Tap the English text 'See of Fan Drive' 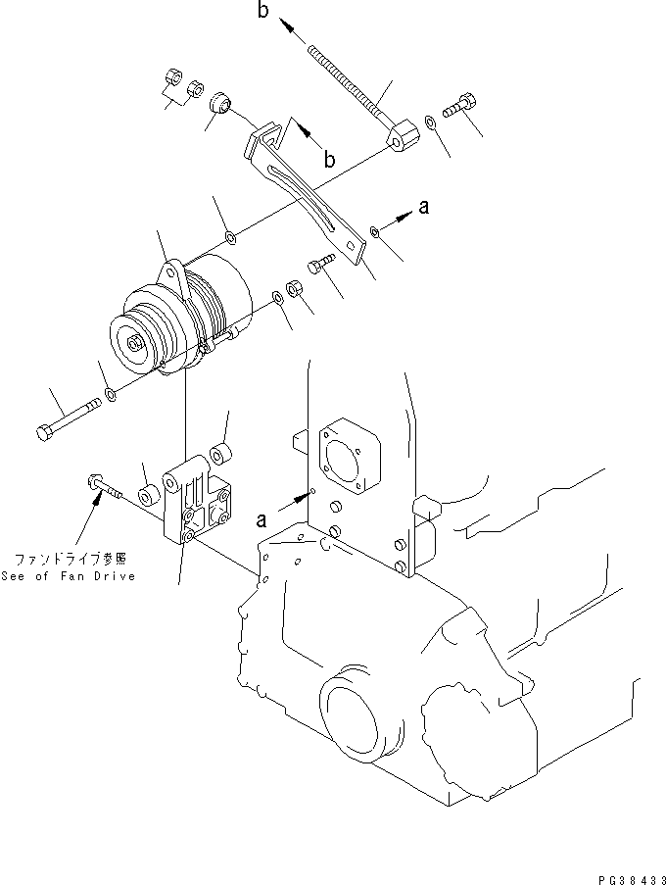pos(69,575)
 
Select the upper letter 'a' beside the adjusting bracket pos(423,207)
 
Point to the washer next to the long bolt pos(109,394)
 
